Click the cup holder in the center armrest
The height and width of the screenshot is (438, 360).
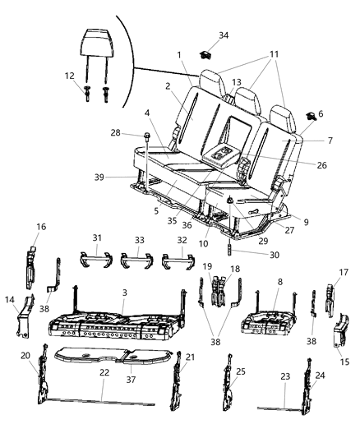(x=222, y=154)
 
